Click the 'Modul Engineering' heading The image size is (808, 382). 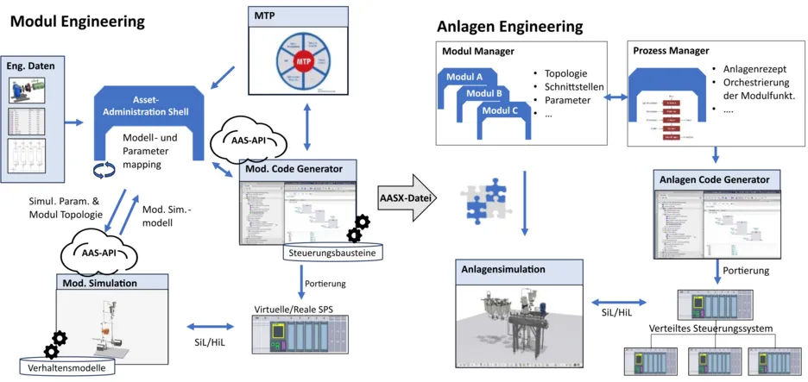click(77, 20)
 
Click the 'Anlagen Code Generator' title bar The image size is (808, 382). click(716, 179)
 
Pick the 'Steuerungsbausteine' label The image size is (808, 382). click(331, 254)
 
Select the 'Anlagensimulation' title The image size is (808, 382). click(504, 270)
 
